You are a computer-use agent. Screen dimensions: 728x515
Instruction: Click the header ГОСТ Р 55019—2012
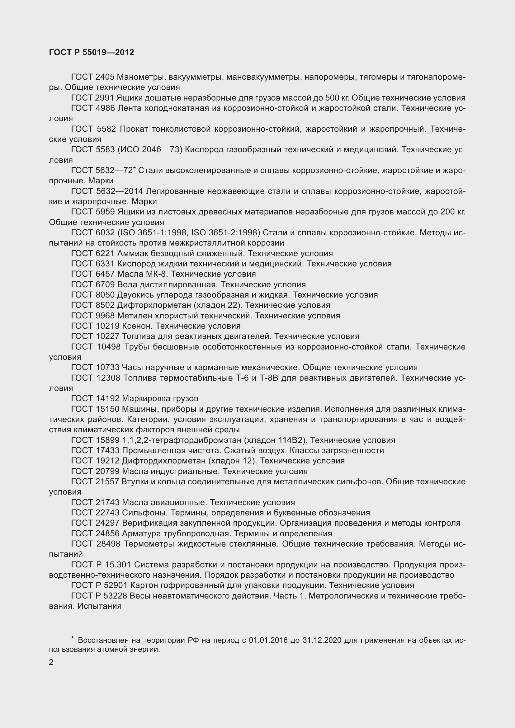coord(91,52)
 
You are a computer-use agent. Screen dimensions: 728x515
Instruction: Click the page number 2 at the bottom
coord(51,662)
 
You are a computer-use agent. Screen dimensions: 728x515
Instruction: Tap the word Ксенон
coord(137,326)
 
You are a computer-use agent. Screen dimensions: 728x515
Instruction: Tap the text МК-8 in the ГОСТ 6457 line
coord(157,274)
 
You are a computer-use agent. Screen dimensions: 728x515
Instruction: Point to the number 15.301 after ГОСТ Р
coord(118,565)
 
